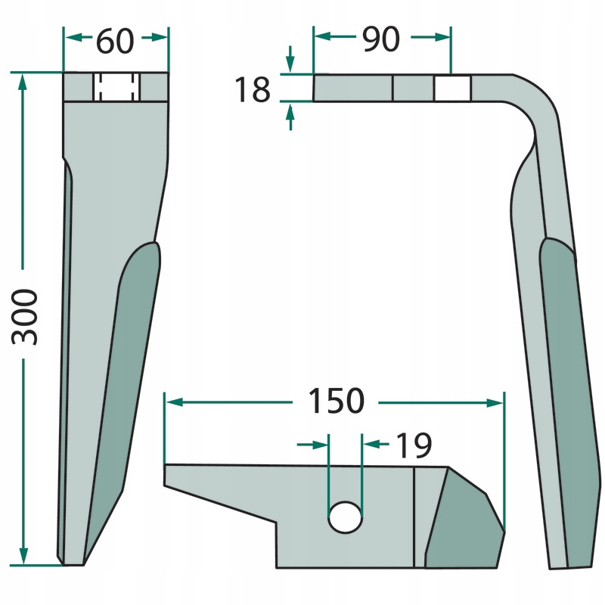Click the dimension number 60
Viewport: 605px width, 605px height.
115,41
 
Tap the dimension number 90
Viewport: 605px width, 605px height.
381,39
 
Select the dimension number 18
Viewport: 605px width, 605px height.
253,89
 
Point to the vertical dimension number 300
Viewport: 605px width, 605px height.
25,317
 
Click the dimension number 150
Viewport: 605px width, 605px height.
336,401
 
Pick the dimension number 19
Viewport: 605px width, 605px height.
414,445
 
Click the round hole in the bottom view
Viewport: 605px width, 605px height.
345,517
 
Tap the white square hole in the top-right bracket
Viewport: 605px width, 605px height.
452,88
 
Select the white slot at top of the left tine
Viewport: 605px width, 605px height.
116,87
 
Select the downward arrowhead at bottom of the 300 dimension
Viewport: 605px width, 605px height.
23,556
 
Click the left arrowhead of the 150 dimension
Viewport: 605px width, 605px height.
175,402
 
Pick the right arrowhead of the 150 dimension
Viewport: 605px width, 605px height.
495,403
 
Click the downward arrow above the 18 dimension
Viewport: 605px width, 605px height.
290,59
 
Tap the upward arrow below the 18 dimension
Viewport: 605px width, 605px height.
290,117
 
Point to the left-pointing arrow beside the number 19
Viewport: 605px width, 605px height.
376,445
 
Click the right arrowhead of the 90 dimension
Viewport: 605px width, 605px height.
442,37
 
